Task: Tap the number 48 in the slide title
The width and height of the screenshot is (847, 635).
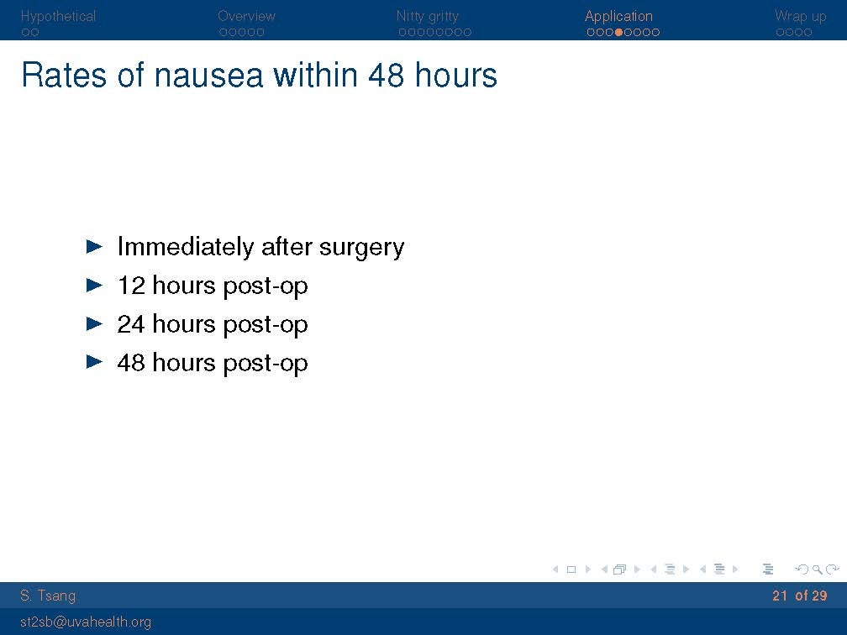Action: (x=386, y=75)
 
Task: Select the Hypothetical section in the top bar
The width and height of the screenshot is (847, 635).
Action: (x=58, y=16)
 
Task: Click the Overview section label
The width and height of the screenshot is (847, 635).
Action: (x=246, y=16)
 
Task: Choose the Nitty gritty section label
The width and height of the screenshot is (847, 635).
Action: (x=427, y=17)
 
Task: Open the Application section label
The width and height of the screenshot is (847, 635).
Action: (x=618, y=17)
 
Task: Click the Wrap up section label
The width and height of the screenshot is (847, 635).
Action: (x=801, y=17)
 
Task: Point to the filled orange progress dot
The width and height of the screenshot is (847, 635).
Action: (x=619, y=33)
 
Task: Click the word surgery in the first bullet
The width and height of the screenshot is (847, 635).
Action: (x=361, y=248)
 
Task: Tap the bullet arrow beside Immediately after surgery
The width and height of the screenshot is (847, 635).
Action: (x=94, y=247)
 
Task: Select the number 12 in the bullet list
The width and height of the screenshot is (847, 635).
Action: (x=131, y=285)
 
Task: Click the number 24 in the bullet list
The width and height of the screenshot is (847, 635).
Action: (x=131, y=324)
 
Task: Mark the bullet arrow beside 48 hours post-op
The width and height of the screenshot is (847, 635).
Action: (x=94, y=361)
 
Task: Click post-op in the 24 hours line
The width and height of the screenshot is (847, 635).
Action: (x=266, y=325)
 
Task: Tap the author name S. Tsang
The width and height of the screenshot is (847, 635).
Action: (x=48, y=596)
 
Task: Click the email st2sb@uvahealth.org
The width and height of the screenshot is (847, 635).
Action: (x=86, y=622)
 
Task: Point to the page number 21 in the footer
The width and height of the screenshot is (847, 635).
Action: (x=780, y=596)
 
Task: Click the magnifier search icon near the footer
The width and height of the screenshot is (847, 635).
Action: (x=818, y=569)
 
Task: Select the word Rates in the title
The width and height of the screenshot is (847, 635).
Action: (x=64, y=75)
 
